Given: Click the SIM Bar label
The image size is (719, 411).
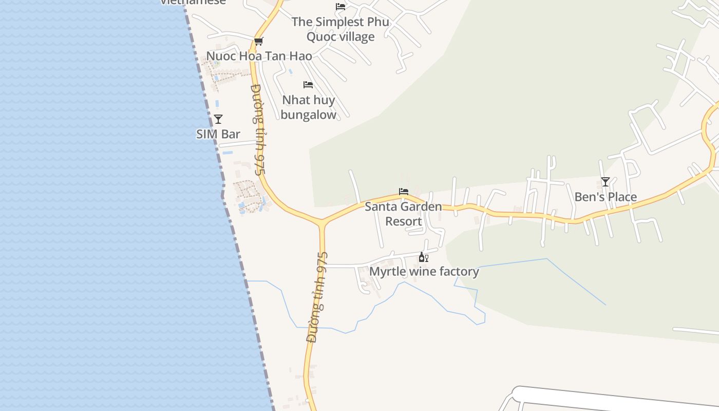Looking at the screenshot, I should click(x=218, y=134).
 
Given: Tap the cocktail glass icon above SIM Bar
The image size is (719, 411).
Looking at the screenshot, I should click(x=218, y=119).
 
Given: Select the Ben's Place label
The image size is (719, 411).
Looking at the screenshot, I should click(x=606, y=197).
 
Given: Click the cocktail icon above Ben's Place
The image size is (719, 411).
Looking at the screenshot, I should click(x=606, y=182).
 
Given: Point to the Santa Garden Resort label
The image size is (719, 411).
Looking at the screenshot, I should click(x=403, y=214).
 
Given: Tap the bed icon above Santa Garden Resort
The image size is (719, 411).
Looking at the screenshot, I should click(x=404, y=192).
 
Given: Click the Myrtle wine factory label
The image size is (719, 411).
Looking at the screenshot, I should click(x=424, y=271).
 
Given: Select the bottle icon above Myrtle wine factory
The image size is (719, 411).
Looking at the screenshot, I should click(x=423, y=257).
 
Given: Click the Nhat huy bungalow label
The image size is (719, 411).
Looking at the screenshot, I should click(x=308, y=107).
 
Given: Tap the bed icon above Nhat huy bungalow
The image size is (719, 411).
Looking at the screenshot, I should click(x=308, y=85).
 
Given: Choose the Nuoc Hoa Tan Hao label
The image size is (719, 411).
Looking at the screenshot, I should click(x=259, y=56).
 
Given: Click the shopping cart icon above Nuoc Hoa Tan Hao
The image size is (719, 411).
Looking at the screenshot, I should click(x=258, y=41).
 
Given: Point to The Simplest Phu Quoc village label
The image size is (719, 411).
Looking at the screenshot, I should click(x=340, y=29).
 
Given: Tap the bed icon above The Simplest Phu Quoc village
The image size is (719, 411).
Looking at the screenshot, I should click(x=340, y=7).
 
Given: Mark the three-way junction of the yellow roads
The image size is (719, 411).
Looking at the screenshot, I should click(x=322, y=222).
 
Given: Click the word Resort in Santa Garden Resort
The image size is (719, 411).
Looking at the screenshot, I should click(x=404, y=221).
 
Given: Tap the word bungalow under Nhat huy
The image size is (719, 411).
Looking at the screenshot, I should click(x=308, y=115).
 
